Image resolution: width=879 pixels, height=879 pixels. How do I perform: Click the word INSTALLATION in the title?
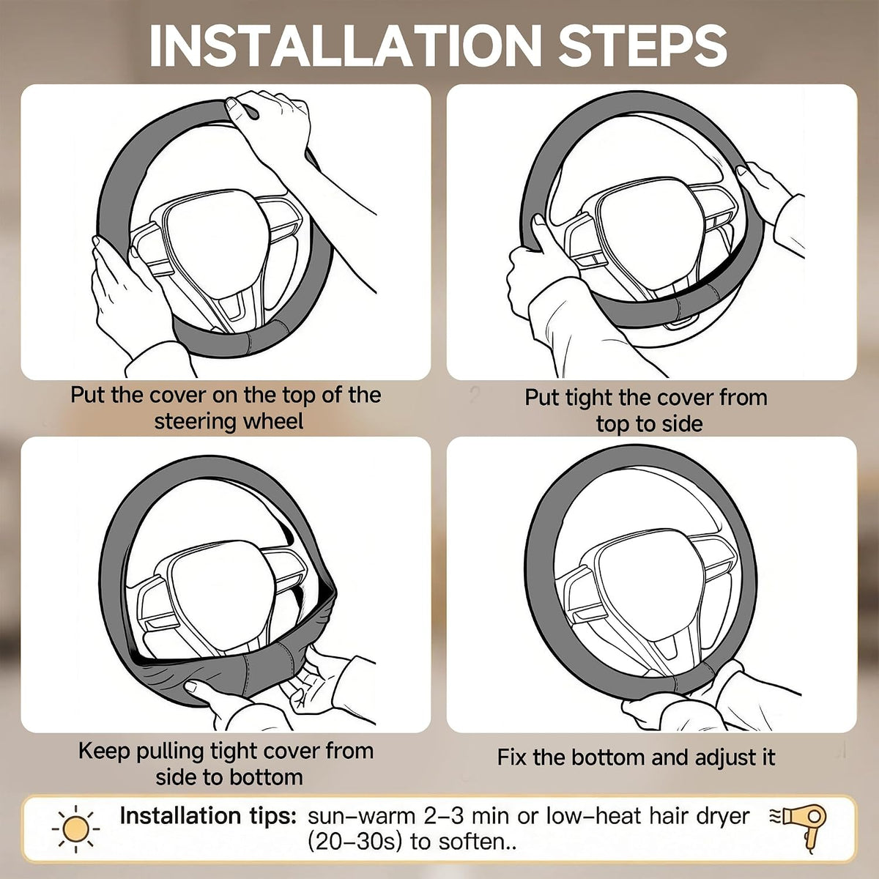pyautogui.click(x=345, y=45)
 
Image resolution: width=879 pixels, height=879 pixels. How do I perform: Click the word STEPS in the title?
pyautogui.click(x=642, y=45)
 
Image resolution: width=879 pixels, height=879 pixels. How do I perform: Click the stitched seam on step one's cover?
pyautogui.click(x=247, y=343)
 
